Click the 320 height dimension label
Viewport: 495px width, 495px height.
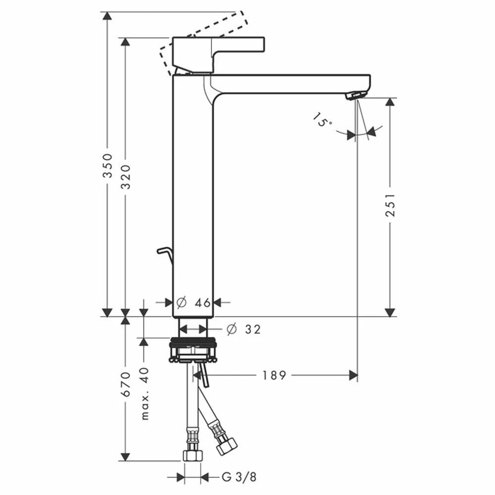[x=125, y=174]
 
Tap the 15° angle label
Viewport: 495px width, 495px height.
[x=323, y=120]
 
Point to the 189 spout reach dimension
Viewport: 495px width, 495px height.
[x=274, y=375]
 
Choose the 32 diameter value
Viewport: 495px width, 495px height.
[x=252, y=329]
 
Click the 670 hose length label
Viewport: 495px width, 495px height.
[x=125, y=384]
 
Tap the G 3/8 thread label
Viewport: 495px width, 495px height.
[x=239, y=477]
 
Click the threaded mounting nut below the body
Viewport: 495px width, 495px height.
[x=193, y=343]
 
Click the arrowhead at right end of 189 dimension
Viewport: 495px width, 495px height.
[x=353, y=375]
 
